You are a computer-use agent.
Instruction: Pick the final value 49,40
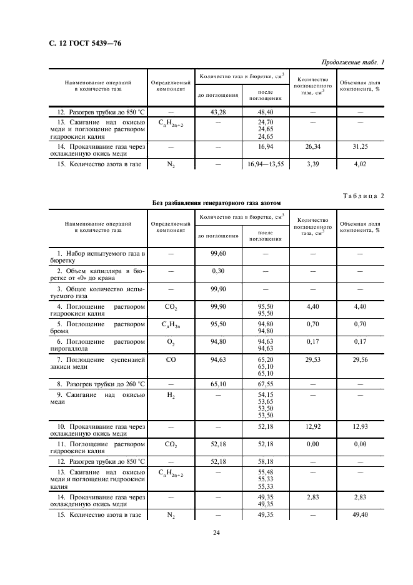(359, 516)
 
